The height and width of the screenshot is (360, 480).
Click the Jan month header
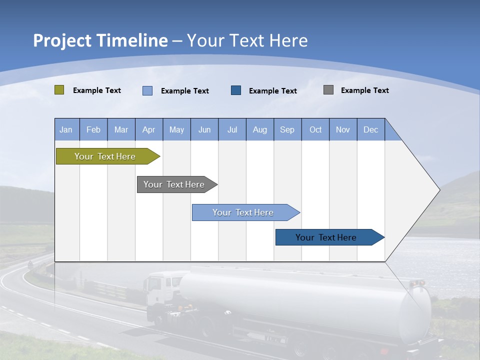point(66,129)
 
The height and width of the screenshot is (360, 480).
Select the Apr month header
point(148,129)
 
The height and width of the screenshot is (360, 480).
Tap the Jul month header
point(232,129)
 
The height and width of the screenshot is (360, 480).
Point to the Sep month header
point(287,129)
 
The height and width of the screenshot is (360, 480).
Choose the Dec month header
point(370,129)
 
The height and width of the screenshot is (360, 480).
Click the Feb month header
point(93,129)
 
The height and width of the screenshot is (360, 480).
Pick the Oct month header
point(315,129)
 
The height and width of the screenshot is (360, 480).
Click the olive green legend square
point(59,90)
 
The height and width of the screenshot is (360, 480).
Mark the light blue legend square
point(147,90)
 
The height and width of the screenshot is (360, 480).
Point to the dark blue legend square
point(236,90)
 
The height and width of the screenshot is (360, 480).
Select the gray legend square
point(328,90)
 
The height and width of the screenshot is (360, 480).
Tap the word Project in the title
point(61,40)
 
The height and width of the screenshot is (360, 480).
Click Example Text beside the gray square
point(364,90)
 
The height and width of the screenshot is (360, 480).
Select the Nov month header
point(343,129)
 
